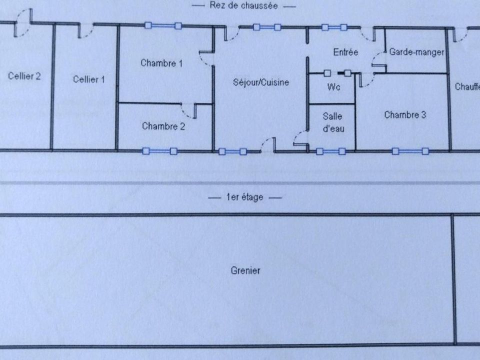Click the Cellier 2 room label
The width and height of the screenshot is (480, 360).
24,76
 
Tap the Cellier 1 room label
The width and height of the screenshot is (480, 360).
89,79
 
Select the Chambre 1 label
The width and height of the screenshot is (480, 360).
161,63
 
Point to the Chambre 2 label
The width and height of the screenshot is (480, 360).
163,126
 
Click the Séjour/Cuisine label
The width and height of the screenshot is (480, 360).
261,82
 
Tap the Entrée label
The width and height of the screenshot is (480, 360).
345,52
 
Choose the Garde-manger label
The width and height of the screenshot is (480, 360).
416,52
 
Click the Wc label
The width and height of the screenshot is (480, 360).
333,87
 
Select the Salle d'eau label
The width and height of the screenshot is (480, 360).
333,122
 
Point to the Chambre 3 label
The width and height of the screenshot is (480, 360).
405,115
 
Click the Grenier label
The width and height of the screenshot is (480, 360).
245,270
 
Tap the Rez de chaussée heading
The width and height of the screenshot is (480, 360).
243,5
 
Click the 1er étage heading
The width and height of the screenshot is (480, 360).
245,197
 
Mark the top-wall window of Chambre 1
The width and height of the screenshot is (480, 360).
163,25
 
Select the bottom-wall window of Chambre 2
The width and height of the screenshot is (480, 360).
160,151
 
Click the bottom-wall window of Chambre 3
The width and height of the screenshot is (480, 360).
410,151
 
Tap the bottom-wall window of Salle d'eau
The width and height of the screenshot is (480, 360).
331,151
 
